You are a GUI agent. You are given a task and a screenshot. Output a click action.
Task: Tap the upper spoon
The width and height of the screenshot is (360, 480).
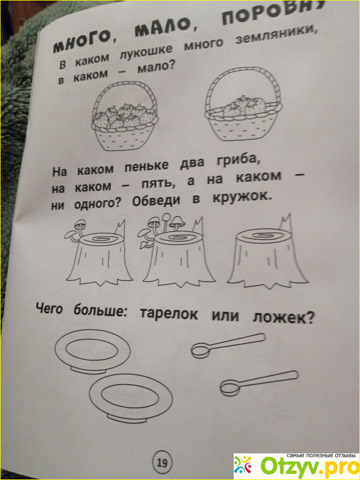coord(228,345)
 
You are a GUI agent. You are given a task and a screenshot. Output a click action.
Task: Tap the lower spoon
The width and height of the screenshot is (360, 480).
coord(259,382)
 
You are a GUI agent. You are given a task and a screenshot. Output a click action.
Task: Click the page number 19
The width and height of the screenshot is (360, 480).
coord(162,463)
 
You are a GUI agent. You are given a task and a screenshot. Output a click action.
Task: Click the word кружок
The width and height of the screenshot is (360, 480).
coord(241,197)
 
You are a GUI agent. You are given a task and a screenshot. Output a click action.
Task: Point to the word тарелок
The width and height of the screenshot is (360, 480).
coord(169,314)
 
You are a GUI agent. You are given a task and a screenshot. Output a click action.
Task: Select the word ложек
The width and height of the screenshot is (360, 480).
coord(283,318)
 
